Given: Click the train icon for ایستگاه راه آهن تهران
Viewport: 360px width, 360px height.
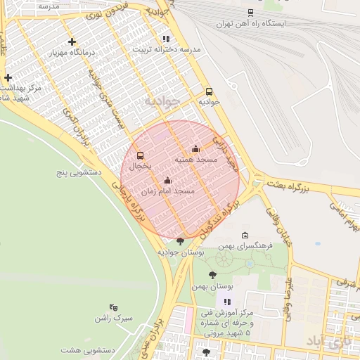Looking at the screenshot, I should point(251,12).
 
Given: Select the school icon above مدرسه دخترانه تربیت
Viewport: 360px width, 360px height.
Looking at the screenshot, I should point(166,39).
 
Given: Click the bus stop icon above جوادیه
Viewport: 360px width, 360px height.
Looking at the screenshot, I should point(209,91).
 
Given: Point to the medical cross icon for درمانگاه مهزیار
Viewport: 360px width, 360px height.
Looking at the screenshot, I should point(72,41).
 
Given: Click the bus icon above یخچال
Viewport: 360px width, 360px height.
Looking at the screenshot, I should point(140,155).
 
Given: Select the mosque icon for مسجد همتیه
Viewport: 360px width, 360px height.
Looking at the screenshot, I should point(195,149).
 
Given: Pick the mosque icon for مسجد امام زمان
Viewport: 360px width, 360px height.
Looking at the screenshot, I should point(167,181).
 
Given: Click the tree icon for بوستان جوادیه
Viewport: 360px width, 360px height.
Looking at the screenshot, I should point(181,240).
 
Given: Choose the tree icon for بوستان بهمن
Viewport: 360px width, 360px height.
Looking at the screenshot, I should point(212,275).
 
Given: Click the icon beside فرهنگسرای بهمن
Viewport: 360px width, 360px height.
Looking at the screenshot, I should point(245,236).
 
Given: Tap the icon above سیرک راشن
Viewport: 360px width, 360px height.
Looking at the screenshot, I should point(113,307).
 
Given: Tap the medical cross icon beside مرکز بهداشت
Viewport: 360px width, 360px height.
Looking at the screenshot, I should point(8,77).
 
